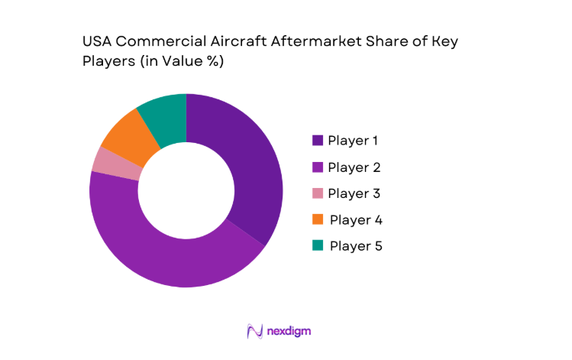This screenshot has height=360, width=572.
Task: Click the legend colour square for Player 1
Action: tap(317, 141)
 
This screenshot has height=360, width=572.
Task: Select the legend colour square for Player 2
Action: tap(317, 167)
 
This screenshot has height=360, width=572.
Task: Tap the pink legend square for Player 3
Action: tap(317, 193)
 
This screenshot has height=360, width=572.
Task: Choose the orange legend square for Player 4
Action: tap(317, 220)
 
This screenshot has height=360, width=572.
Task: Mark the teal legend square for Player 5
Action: tap(317, 245)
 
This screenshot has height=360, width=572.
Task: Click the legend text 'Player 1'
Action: tap(354, 141)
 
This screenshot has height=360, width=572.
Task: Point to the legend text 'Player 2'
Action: tap(354, 167)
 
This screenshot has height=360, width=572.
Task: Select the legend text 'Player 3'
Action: tap(354, 193)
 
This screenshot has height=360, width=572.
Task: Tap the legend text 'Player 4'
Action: tap(355, 220)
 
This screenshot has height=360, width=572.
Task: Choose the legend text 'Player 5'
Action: tap(355, 246)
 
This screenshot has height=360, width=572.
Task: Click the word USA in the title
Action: tap(99, 43)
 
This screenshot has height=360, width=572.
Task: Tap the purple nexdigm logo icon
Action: tap(254, 331)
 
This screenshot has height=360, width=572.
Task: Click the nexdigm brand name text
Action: tap(289, 331)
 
